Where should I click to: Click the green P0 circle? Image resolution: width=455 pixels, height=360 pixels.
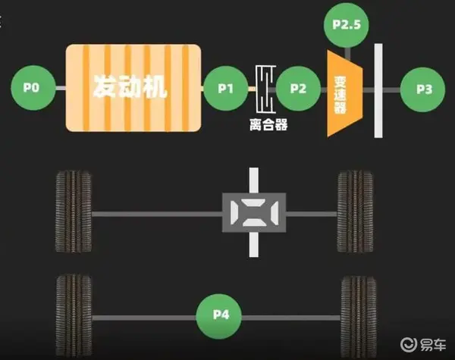[33, 88]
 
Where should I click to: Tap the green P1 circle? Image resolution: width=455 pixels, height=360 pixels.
[226, 89]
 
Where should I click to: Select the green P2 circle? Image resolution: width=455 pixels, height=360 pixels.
[298, 89]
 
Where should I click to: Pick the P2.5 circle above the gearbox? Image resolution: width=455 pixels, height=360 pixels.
[347, 25]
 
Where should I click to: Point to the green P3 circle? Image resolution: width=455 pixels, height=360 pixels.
[422, 89]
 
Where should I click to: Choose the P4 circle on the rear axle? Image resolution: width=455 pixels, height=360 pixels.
[219, 316]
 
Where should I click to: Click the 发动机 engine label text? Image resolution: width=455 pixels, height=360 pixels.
[130, 86]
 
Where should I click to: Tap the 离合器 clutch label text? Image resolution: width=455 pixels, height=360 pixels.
[268, 125]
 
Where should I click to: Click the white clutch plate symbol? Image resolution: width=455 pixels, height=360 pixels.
[265, 89]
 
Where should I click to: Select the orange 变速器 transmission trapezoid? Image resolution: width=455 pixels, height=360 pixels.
[345, 93]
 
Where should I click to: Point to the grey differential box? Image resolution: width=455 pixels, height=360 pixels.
[254, 213]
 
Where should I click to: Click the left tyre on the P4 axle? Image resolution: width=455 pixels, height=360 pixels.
[74, 315]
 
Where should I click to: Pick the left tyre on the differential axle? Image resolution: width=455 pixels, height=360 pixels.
[73, 211]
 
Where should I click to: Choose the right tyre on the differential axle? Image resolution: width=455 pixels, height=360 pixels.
[355, 211]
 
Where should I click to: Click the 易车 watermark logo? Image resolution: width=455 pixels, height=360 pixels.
[423, 344]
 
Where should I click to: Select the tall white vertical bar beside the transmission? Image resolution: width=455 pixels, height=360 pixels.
[378, 91]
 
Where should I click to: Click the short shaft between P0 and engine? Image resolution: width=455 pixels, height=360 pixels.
[61, 88]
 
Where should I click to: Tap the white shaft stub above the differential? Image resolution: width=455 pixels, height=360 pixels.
[254, 180]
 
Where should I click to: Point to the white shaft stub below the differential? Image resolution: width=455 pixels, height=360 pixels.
[254, 245]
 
